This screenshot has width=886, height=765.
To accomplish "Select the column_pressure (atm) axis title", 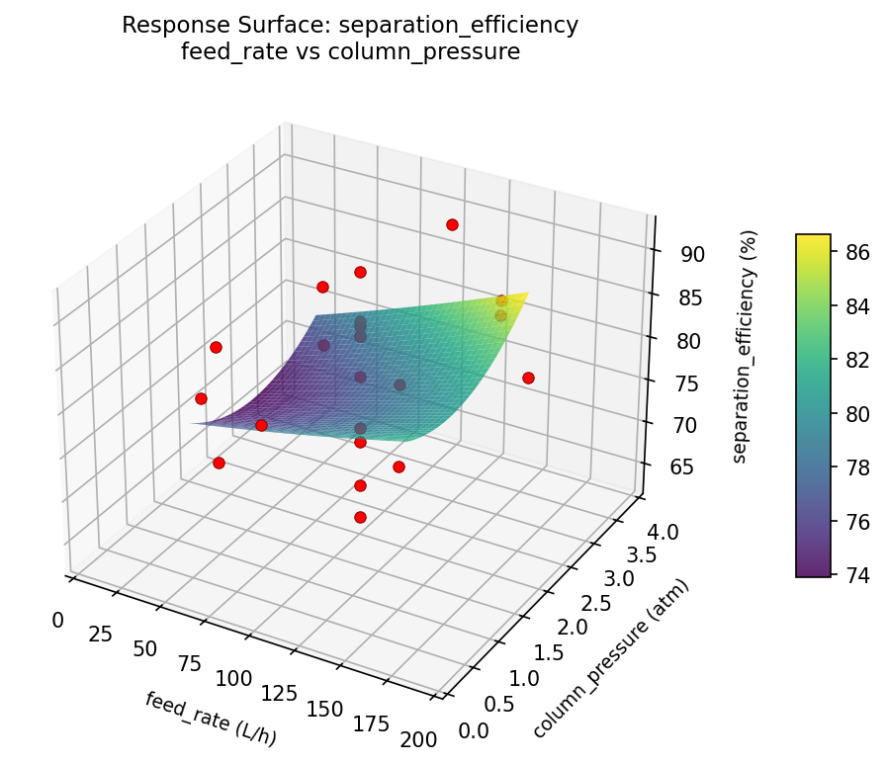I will [610, 658].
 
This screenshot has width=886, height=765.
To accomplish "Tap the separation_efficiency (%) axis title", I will [753, 346].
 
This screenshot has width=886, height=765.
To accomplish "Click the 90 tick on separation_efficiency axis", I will [692, 254].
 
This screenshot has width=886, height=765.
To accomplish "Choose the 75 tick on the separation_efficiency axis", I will [687, 383].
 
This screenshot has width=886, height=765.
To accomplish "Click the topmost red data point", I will [452, 225].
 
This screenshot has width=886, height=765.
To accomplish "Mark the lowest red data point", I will [360, 517].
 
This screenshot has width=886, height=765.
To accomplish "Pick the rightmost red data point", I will [528, 378].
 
